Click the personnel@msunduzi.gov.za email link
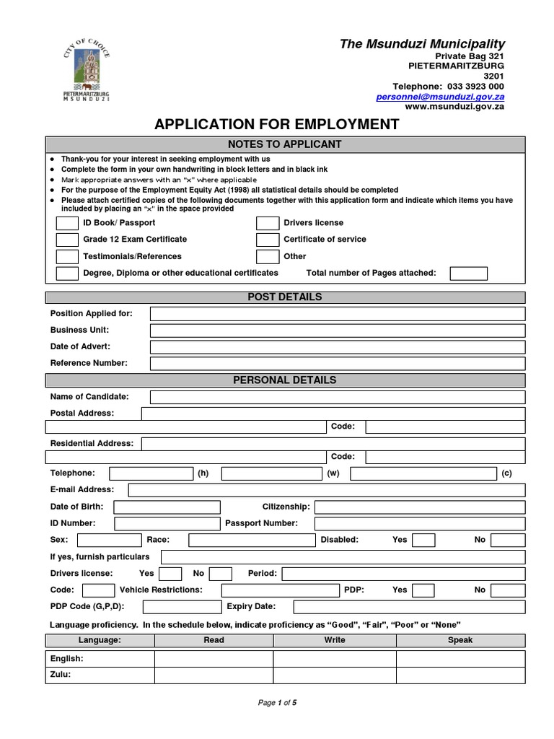(x=440, y=96)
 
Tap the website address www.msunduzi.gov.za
(x=454, y=106)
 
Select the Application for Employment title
(x=276, y=124)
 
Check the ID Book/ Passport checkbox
(x=67, y=223)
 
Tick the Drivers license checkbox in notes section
(x=267, y=223)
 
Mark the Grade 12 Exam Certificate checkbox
(x=67, y=240)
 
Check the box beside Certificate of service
(x=267, y=240)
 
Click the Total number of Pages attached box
(x=468, y=274)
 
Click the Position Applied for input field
(x=338, y=313)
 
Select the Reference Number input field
(x=338, y=363)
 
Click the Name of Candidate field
(x=338, y=397)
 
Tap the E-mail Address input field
(x=326, y=490)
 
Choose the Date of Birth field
(x=167, y=507)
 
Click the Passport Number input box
(x=420, y=524)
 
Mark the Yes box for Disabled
(x=423, y=540)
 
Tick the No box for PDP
(x=508, y=590)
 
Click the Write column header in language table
(x=335, y=640)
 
